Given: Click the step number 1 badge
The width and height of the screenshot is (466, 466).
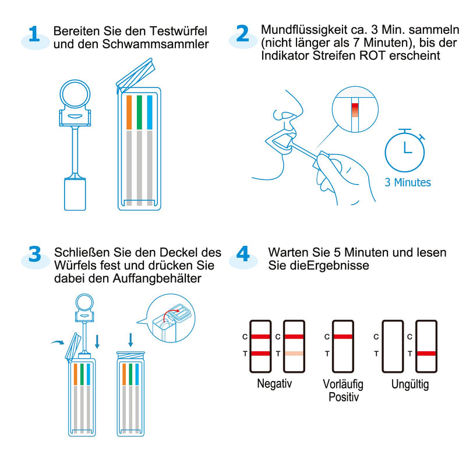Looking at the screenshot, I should pyautogui.click(x=34, y=35).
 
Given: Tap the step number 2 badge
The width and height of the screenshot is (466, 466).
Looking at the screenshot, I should pyautogui.click(x=242, y=35).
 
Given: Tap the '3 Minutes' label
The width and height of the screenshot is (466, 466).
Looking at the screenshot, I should pyautogui.click(x=408, y=182).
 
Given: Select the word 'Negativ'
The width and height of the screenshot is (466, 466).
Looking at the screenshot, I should pyautogui.click(x=274, y=384).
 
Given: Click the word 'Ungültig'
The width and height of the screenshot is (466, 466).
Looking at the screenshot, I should pyautogui.click(x=410, y=384).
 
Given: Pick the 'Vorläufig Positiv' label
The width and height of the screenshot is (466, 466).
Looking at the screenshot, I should pyautogui.click(x=344, y=390).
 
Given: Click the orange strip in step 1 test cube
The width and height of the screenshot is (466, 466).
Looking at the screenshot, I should pyautogui.click(x=129, y=112).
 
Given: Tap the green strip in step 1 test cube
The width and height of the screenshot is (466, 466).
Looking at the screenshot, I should pyautogui.click(x=140, y=112).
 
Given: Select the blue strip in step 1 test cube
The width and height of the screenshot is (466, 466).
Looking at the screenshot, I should pyautogui.click(x=150, y=112).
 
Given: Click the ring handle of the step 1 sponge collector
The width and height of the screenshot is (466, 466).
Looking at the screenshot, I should pyautogui.click(x=75, y=94).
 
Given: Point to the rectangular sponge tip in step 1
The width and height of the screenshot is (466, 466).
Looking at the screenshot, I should pyautogui.click(x=75, y=193).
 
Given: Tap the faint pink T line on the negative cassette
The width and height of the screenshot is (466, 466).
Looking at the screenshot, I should pyautogui.click(x=294, y=354).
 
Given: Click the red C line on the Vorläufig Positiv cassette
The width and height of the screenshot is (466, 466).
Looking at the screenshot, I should pyautogui.click(x=343, y=337).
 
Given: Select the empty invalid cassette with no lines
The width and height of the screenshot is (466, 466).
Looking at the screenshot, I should pyautogui.click(x=391, y=346).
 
